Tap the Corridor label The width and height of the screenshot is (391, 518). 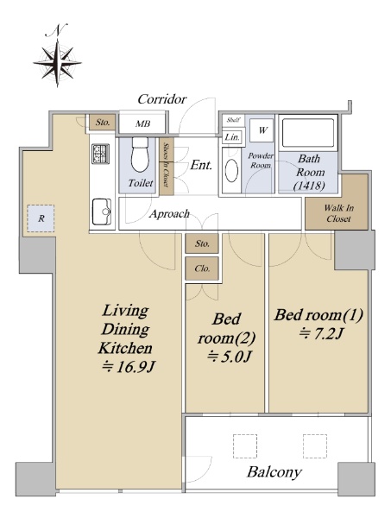pos(161,99)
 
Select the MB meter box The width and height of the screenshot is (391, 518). pos(142,123)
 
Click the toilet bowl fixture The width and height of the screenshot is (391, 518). pos(140,154)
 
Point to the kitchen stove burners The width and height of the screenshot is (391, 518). pos(100,154)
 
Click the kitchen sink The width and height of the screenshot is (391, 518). pos(101,212)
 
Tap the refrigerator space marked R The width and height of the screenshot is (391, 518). pos(41,218)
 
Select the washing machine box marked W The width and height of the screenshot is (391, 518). pos(262,130)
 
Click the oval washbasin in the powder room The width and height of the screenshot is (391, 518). pos(231,170)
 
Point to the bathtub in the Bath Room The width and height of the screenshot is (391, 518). pos(308,133)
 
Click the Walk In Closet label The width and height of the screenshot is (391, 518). pos(338,213)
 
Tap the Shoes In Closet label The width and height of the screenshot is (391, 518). pos(167,166)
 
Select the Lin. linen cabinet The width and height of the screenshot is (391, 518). pos(232,137)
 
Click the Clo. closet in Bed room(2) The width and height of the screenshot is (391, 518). pos(202,268)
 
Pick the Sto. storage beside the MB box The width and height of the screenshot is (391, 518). pos(103,123)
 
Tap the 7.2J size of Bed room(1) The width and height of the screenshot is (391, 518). pos(321,334)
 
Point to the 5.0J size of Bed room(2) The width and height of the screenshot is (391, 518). pos(230,357)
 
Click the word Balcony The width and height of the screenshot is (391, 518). pos(274,472)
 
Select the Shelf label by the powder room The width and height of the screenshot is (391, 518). pos(233,120)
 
